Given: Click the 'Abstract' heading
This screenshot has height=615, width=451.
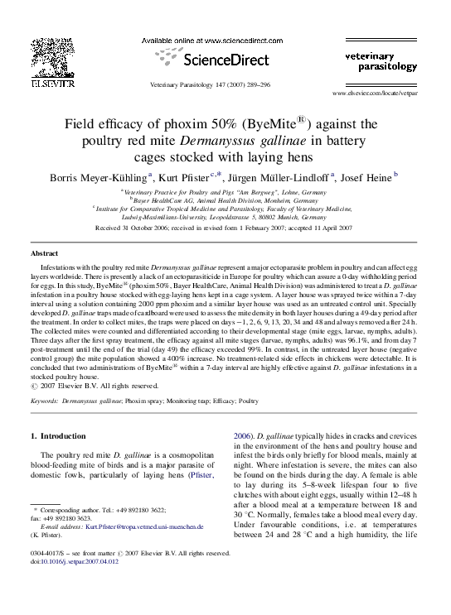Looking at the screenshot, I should [45, 252].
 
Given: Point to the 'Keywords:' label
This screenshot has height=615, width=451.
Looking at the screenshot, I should [50, 400].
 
